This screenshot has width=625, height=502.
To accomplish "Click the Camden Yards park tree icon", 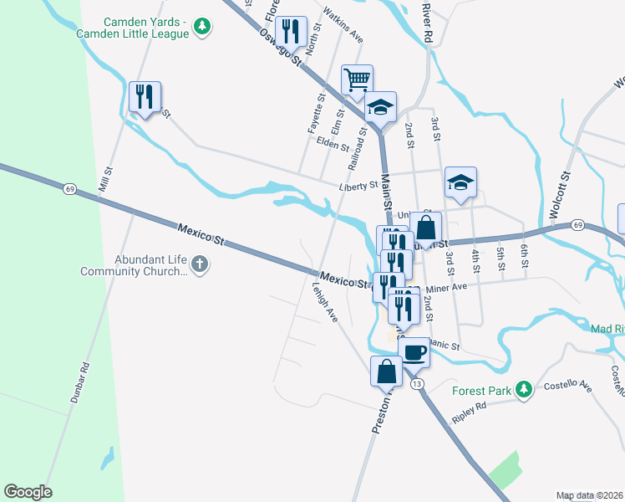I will pos(201,28).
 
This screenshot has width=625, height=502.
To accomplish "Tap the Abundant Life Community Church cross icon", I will pos(199,265).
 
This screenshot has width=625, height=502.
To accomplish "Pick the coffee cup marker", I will pos(414,352).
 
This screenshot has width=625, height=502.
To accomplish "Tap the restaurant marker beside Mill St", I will pos(145,98).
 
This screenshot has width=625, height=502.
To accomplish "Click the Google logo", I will pos(28,492).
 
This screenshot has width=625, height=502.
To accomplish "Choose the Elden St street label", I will pos(333,144).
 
